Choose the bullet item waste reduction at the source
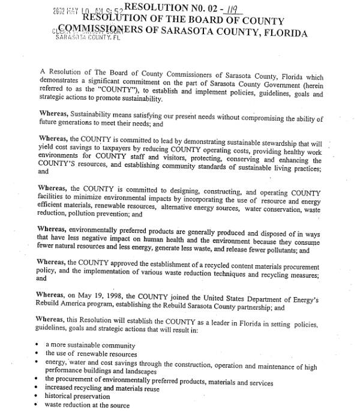(x=84, y=406)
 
